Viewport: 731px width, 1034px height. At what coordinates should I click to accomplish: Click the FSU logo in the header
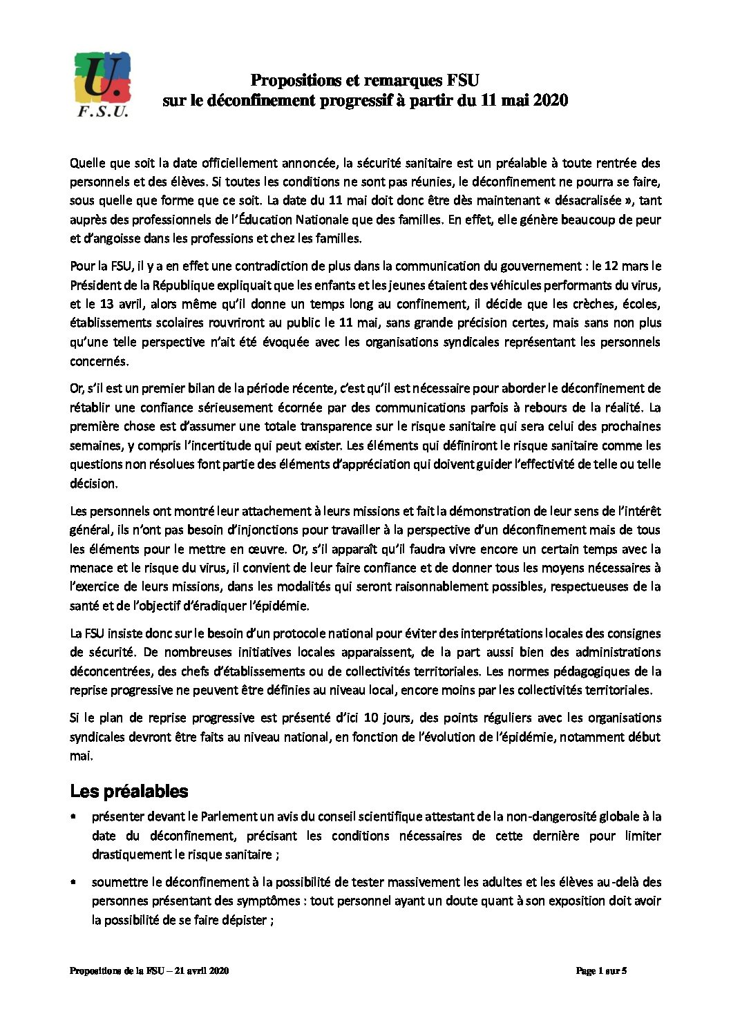click(102, 84)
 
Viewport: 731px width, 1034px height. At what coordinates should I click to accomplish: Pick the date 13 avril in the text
click(111, 304)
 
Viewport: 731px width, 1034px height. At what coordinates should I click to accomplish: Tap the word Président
click(97, 285)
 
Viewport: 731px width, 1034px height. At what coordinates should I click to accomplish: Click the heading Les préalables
click(129, 791)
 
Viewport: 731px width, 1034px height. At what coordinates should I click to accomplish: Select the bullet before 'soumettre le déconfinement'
click(73, 883)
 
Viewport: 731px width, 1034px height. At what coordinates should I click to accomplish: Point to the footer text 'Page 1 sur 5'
click(601, 971)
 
